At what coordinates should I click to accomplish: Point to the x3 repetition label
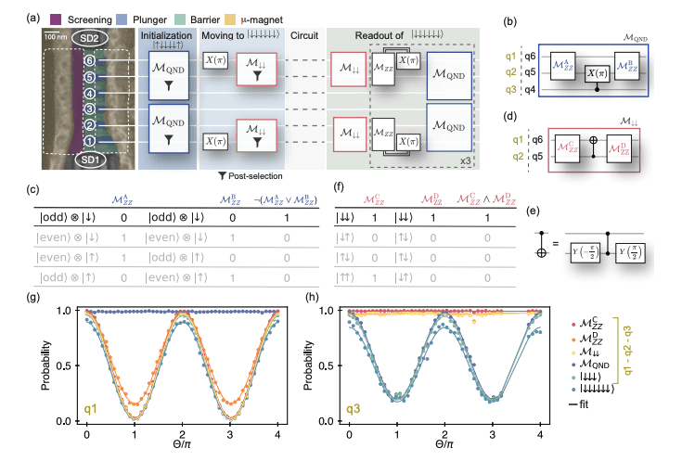[x=466, y=160]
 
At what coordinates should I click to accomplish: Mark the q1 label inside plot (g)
[x=92, y=407]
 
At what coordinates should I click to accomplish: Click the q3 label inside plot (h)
[x=354, y=408]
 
